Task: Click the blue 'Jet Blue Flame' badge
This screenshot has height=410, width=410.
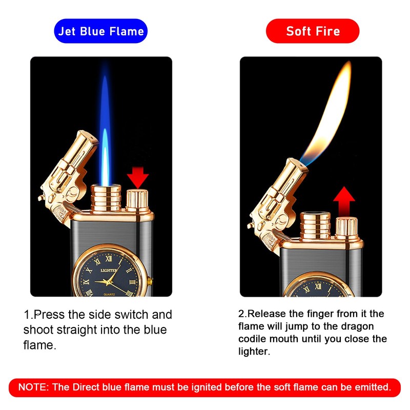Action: click(101, 31)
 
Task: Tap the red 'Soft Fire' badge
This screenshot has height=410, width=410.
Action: click(313, 31)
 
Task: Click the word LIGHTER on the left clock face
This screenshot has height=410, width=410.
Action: click(109, 270)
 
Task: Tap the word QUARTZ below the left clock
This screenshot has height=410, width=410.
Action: click(111, 293)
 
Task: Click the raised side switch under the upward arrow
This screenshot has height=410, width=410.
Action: click(346, 225)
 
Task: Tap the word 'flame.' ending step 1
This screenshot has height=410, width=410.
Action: click(39, 345)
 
